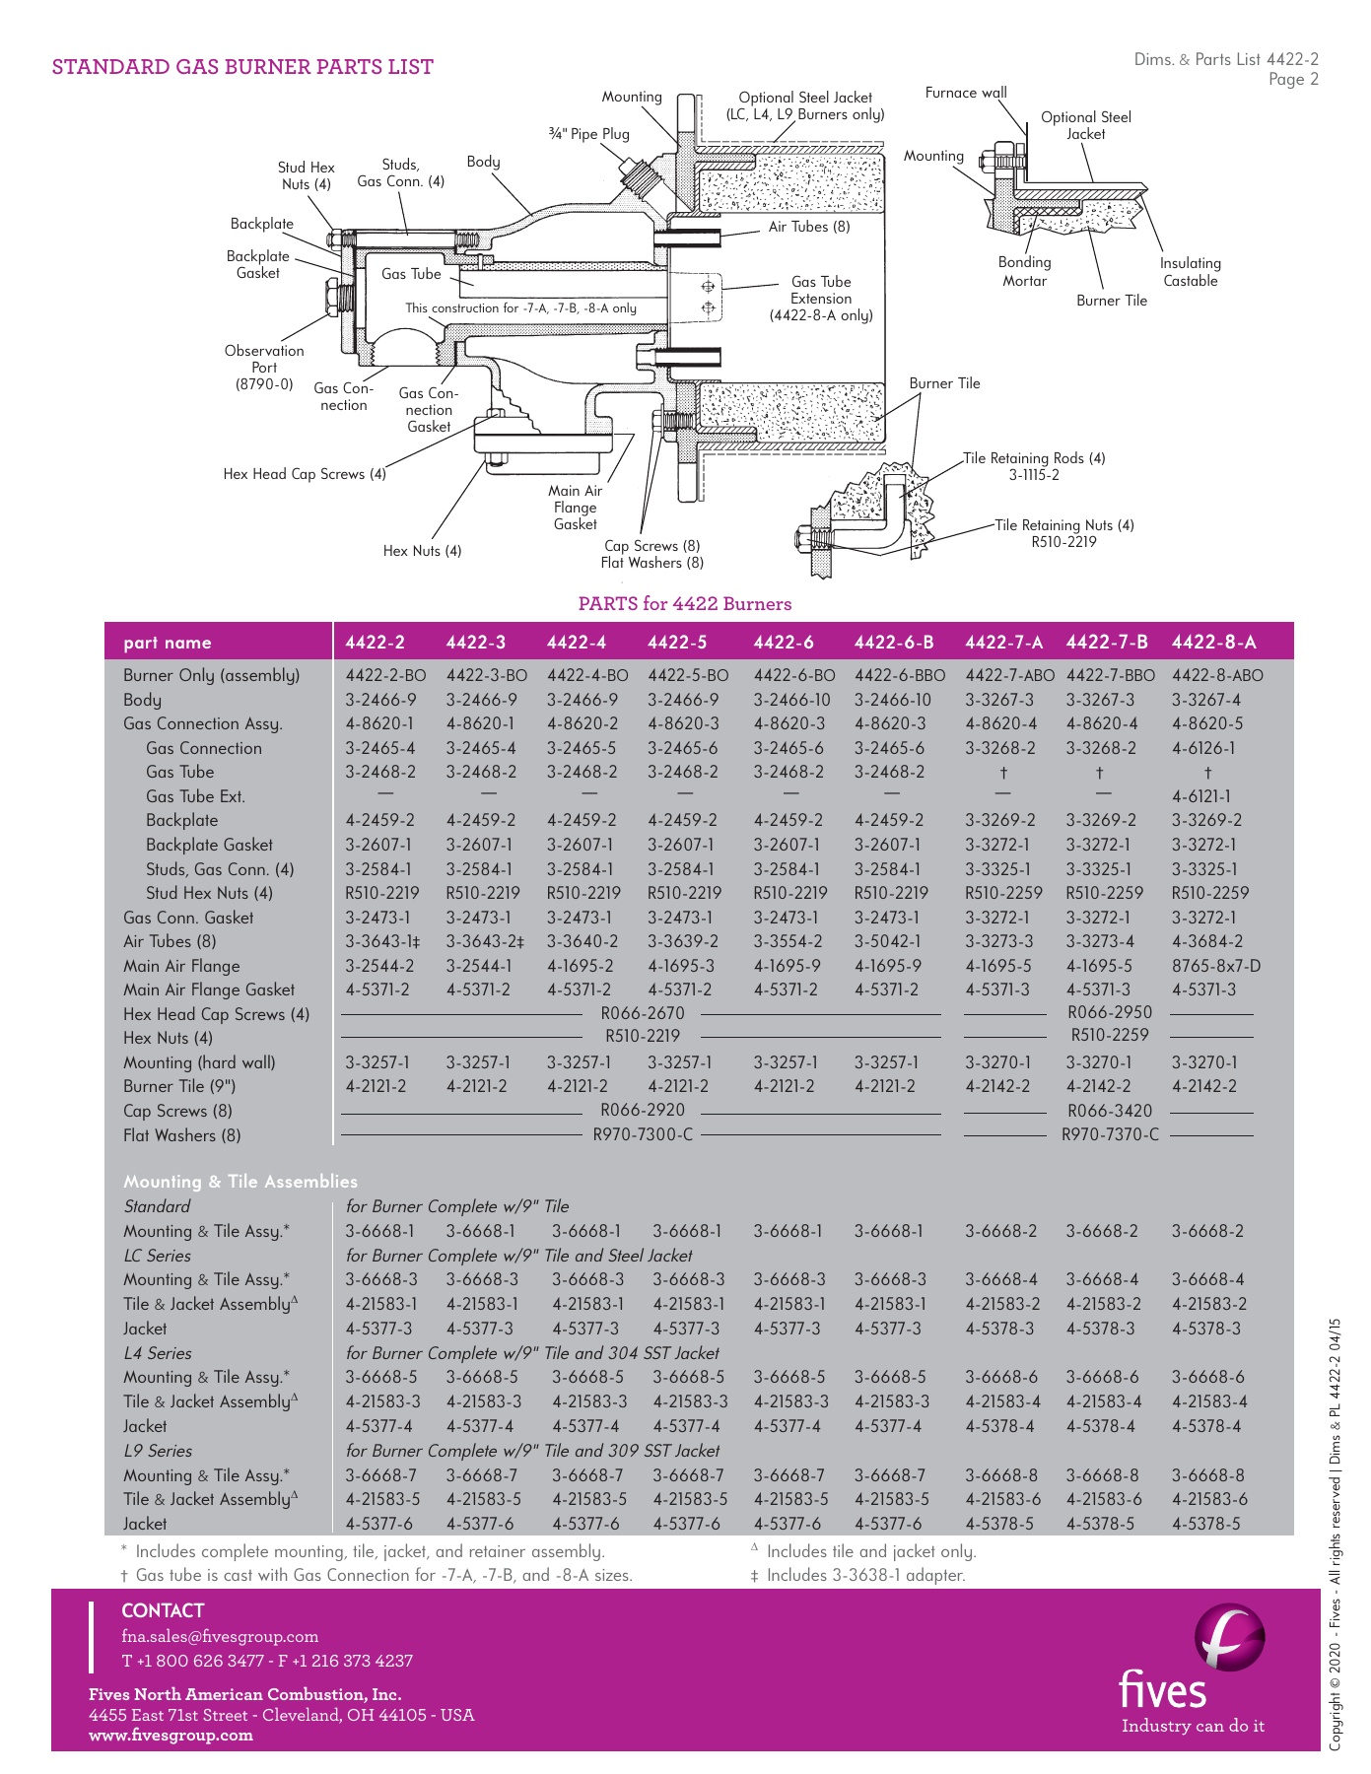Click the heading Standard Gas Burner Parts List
pos(242,67)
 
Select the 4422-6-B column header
pos(893,643)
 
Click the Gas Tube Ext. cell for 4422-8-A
pos(1200,796)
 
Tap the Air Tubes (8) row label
pos(170,941)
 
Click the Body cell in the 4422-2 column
pos(380,700)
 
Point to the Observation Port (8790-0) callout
pos(264,368)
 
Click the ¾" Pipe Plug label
pos(588,134)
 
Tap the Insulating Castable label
pos(1190,272)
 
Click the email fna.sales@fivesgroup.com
pos(220,1636)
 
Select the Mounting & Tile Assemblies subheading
pos(240,1182)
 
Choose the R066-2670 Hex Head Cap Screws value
pos(643,1013)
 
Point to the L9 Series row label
pos(158,1451)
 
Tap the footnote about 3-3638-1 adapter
pos(857,1575)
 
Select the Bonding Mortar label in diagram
pos(1024,272)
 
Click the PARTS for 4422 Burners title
pos(684,604)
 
